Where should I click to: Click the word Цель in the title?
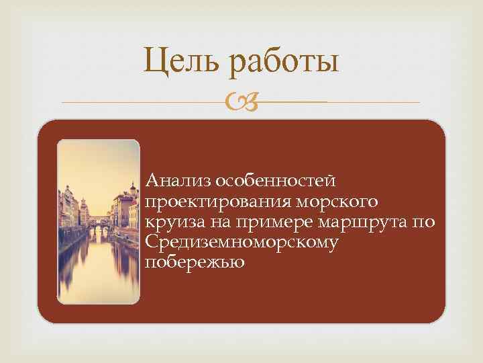coord(181,63)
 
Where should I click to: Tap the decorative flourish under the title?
coord(242,103)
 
